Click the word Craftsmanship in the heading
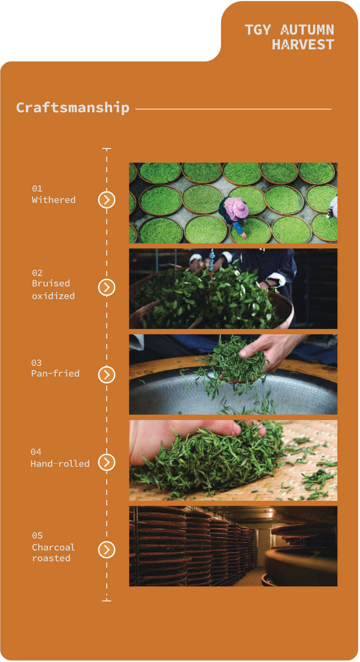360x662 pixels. point(73,107)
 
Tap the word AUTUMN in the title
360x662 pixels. point(307,30)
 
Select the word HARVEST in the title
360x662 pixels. point(303,45)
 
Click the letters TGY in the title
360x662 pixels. point(258,30)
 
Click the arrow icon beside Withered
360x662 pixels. point(107,200)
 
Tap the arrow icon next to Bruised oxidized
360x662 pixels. point(107,287)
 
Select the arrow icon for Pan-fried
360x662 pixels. point(107,375)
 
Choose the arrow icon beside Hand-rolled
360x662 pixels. point(107,462)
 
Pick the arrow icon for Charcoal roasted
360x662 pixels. point(107,550)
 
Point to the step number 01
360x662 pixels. point(37,189)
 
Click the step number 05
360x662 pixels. point(37,536)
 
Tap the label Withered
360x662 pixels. point(54,200)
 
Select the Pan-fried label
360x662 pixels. point(55,373)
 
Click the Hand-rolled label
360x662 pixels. point(60,464)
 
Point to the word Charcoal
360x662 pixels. point(53,547)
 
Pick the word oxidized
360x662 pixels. point(53,296)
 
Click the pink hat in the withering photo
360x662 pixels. point(236,209)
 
